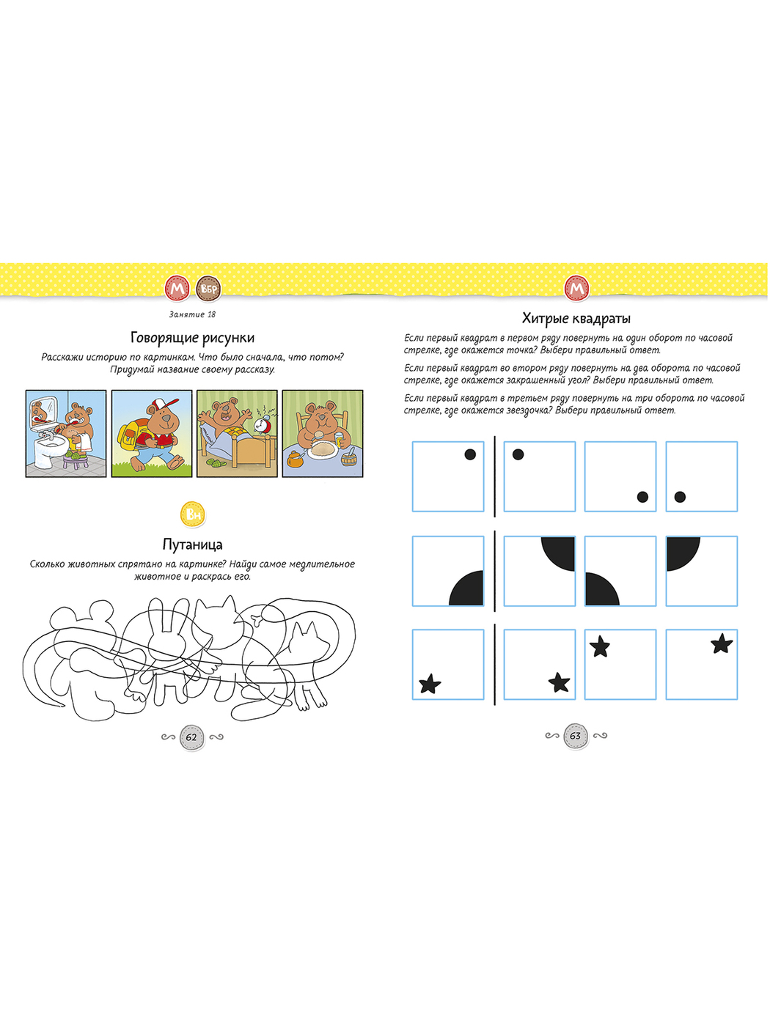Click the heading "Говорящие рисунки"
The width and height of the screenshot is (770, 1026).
point(192,339)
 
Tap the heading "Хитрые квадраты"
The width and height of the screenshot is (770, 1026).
point(576,320)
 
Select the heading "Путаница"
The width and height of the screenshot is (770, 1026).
point(192,545)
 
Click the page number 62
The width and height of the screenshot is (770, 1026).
point(191,737)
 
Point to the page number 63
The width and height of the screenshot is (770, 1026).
point(576,736)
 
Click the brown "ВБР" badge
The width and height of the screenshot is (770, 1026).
point(208,289)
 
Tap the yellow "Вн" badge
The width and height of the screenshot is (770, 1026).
point(193,514)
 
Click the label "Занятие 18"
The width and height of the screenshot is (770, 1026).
point(192,314)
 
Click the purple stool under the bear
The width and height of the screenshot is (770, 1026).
point(76,462)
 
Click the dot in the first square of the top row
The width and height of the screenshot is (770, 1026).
point(470,454)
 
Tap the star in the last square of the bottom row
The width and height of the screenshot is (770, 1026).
point(722,644)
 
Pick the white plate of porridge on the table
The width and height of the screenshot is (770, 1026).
point(322,450)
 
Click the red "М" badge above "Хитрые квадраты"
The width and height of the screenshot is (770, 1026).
point(576,289)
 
